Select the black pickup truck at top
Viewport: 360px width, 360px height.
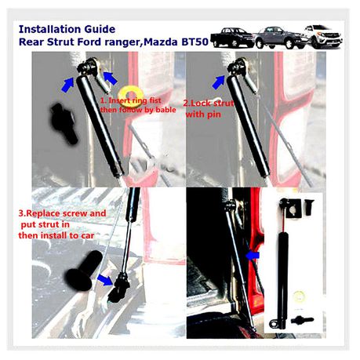coord(231,38)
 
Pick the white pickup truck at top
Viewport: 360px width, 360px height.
coord(324,36)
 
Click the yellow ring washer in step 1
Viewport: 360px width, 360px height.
coord(130,94)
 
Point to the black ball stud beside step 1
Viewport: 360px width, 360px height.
coord(64,122)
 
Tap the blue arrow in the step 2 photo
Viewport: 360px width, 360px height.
coord(219,82)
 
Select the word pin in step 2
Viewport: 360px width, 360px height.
coord(214,115)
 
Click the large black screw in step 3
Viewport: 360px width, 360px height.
coord(84,270)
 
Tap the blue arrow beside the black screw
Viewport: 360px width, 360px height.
coord(104,280)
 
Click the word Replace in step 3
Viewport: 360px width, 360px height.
coord(43,213)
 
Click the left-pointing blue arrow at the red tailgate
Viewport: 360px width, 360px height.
coord(253,256)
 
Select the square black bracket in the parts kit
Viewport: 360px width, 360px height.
coord(294,209)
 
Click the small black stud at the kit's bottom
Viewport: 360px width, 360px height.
coord(302,320)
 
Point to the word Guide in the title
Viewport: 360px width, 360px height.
coord(100,29)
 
